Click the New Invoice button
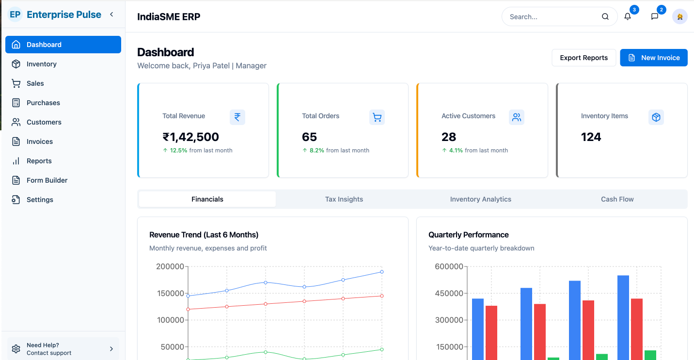[653, 58]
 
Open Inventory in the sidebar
[41, 64]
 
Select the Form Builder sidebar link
[47, 180]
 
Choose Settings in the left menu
[40, 200]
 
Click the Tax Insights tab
[344, 199]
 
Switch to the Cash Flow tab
[617, 199]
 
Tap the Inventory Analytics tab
[480, 199]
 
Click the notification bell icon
[628, 16]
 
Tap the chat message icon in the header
[655, 16]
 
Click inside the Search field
[552, 16]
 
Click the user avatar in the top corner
[679, 16]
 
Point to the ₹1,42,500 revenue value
[190, 137]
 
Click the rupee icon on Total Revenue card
[237, 117]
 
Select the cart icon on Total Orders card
[377, 117]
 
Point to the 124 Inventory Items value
[591, 137]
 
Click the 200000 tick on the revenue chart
[170, 266]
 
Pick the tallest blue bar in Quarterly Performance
[623, 317]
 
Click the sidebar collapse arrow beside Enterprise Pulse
[111, 15]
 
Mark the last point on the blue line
[382, 272]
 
